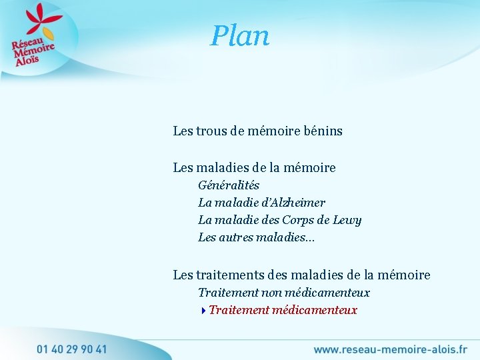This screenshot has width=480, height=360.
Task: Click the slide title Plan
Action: pos(240,36)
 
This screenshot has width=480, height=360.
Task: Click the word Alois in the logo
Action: pos(29,58)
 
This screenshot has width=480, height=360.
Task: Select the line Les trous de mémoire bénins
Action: pos(257,131)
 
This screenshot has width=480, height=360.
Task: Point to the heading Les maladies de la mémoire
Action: pos(254,167)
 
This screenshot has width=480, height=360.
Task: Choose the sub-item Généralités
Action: pos(229,185)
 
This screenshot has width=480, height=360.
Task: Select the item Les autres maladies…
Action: pos(256,237)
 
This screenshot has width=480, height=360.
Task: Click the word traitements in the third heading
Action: pos(231,275)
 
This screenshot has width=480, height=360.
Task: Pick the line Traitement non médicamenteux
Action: pos(283,293)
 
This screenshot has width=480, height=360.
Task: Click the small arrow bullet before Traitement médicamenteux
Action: pos(203,310)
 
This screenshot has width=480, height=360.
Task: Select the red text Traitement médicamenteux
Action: pos(283,310)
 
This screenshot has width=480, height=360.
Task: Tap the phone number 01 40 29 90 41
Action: pos(72,349)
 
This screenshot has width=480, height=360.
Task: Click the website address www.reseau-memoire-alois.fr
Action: pos(390,349)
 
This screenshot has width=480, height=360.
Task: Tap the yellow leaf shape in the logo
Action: pos(47,33)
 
